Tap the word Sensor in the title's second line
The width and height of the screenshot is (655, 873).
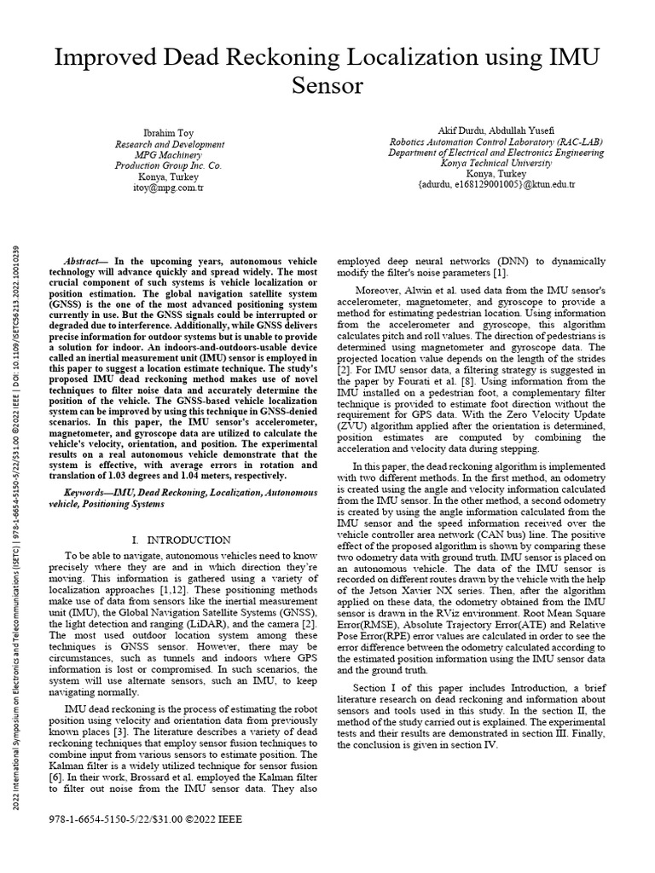(327, 87)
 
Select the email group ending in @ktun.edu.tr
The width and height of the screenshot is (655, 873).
(496, 184)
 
